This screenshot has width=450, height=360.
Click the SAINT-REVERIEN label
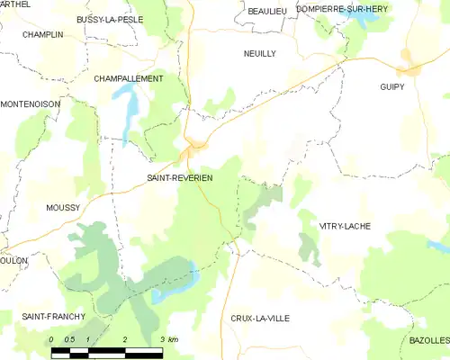pyautogui.click(x=180, y=178)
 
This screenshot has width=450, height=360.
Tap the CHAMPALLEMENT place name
pyautogui.click(x=129, y=79)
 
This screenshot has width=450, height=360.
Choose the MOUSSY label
pyautogui.click(x=63, y=207)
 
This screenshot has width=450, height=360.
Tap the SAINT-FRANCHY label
pyautogui.click(x=54, y=317)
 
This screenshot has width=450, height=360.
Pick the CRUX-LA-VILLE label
pyautogui.click(x=260, y=319)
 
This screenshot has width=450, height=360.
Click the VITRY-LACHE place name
pyautogui.click(x=345, y=226)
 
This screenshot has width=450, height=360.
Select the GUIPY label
pyautogui.click(x=391, y=87)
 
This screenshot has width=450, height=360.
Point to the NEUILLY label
pyautogui.click(x=260, y=54)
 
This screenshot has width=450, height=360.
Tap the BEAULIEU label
pyautogui.click(x=267, y=10)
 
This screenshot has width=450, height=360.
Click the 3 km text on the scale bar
pyautogui.click(x=168, y=339)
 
